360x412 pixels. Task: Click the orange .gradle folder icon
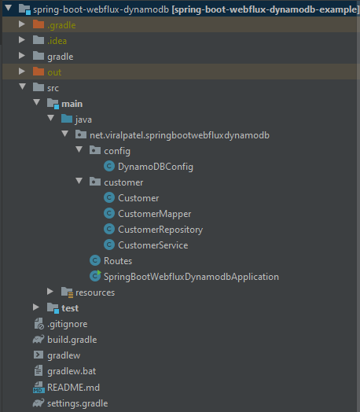pyautogui.click(x=39, y=24)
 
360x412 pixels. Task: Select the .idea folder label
pyautogui.click(x=57, y=41)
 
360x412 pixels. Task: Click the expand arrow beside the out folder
pyautogui.click(x=22, y=72)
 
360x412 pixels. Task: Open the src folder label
pyautogui.click(x=53, y=88)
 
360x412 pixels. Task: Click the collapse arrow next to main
pyautogui.click(x=36, y=102)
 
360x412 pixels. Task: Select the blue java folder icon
pyautogui.click(x=67, y=119)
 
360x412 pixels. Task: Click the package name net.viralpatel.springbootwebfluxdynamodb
pyautogui.click(x=179, y=135)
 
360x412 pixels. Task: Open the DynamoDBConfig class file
pyautogui.click(x=156, y=167)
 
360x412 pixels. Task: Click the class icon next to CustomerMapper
pyautogui.click(x=109, y=213)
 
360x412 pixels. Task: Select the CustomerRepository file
pyautogui.click(x=160, y=230)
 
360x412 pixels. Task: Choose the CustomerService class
pyautogui.click(x=153, y=245)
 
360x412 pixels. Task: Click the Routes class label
pyautogui.click(x=118, y=261)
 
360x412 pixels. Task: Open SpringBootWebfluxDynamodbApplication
pyautogui.click(x=191, y=277)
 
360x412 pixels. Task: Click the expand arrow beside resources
pyautogui.click(x=50, y=292)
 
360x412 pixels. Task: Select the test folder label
pyautogui.click(x=70, y=308)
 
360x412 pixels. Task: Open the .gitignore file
pyautogui.click(x=68, y=324)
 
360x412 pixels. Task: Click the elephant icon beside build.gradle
pyautogui.click(x=39, y=339)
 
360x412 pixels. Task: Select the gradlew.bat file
pyautogui.click(x=72, y=371)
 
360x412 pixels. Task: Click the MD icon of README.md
pyautogui.click(x=39, y=388)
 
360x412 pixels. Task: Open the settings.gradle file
pyautogui.click(x=78, y=403)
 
